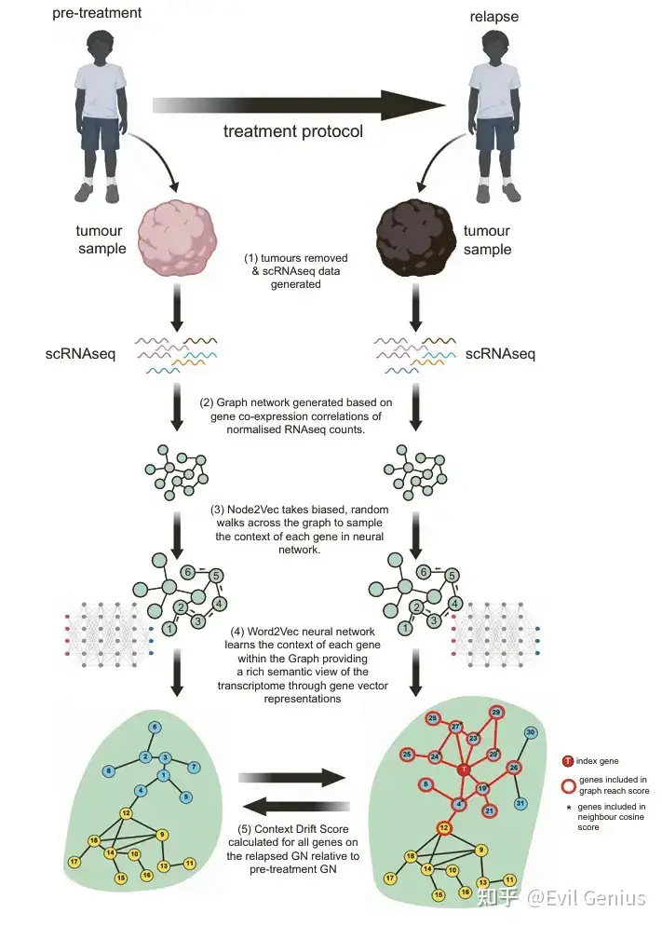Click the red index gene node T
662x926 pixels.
pyautogui.click(x=463, y=769)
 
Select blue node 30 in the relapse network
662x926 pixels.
pyautogui.click(x=531, y=733)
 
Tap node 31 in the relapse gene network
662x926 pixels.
pyautogui.click(x=521, y=803)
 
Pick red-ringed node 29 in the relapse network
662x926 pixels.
pyautogui.click(x=496, y=713)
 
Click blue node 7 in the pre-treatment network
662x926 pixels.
pyautogui.click(x=194, y=767)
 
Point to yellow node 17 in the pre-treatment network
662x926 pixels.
pyautogui.click(x=74, y=862)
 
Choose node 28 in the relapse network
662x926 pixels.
pyautogui.click(x=432, y=718)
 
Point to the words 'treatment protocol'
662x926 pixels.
pyautogui.click(x=293, y=131)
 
